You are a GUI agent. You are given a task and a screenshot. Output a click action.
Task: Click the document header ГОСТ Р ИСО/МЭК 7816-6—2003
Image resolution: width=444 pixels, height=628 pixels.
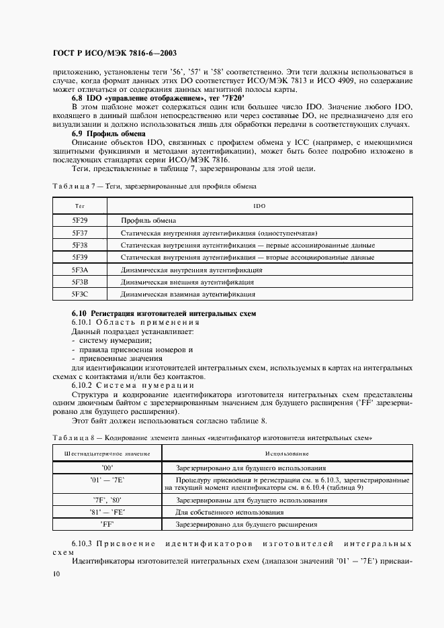click(115, 52)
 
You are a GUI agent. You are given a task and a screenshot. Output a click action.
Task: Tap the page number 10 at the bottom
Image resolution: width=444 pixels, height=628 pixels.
click(56, 574)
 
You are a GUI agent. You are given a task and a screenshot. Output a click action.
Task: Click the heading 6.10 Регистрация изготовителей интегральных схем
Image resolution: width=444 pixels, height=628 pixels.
click(164, 313)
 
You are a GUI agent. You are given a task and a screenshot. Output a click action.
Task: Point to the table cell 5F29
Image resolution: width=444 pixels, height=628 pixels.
click(80, 220)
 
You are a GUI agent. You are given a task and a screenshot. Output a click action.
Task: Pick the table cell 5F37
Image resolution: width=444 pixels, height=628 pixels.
click(80, 233)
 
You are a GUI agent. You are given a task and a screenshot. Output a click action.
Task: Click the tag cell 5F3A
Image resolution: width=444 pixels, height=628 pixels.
click(80, 270)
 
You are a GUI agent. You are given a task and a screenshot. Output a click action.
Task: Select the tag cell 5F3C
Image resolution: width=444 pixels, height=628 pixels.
click(80, 294)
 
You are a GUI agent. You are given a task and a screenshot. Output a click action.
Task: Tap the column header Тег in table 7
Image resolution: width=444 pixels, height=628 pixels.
click(79, 206)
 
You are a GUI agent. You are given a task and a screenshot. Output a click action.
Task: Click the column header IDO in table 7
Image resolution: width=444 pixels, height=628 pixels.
click(259, 206)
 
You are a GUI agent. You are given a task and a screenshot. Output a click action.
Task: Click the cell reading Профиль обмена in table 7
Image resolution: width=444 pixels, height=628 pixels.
click(148, 220)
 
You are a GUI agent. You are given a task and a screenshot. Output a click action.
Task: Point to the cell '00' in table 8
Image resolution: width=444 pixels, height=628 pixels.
click(107, 467)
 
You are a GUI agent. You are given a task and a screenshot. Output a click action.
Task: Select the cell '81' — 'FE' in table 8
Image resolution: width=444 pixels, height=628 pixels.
click(107, 512)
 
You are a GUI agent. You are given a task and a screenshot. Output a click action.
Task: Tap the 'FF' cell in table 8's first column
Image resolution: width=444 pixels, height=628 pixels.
click(107, 525)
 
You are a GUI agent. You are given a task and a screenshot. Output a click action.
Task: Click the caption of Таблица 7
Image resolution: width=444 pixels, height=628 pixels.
click(154, 186)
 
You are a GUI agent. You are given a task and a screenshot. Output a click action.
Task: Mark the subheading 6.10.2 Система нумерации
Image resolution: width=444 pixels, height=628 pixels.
click(133, 385)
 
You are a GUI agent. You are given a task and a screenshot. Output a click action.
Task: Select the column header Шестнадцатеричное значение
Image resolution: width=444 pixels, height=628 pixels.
click(107, 454)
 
